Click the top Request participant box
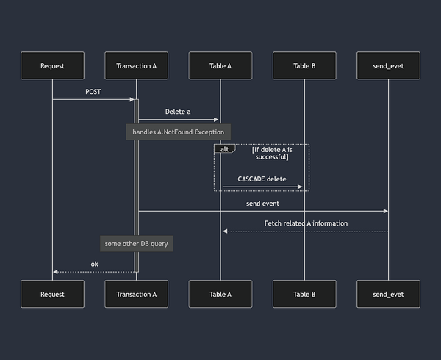52,66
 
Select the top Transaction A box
137,66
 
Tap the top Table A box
220,66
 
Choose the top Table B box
304,66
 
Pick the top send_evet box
388,66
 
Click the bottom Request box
52,294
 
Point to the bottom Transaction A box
137,294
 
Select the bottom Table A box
220,294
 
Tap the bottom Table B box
304,294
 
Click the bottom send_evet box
388,294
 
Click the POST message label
93,92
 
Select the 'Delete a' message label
178,112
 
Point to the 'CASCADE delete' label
262,179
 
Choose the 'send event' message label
262,203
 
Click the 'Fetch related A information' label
306,223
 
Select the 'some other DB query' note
137,243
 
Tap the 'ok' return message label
94,264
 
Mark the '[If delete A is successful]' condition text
271,153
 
